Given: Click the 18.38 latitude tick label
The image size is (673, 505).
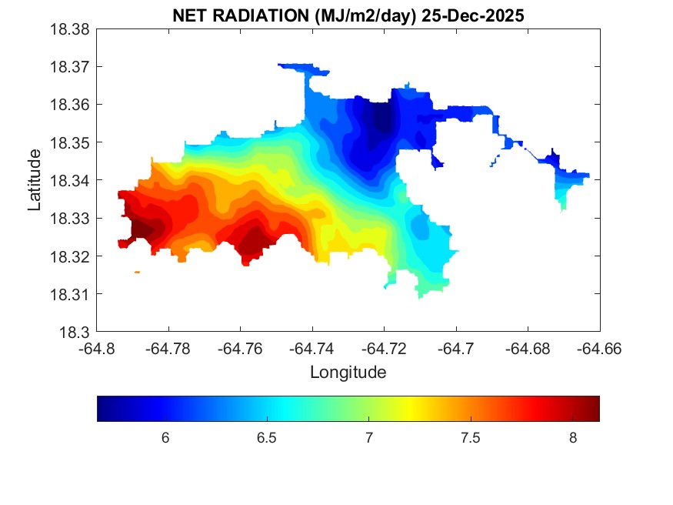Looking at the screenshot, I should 71,29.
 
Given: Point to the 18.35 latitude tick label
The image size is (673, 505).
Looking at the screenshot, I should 71,143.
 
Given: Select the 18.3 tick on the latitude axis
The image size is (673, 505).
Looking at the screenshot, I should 76,333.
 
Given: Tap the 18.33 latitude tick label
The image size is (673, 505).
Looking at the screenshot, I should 71,219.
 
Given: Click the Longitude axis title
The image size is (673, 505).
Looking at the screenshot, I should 348,373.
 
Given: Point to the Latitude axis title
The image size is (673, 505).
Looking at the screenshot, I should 35,181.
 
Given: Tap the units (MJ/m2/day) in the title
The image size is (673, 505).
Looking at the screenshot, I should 361,15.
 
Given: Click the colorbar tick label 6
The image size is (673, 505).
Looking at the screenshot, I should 165,437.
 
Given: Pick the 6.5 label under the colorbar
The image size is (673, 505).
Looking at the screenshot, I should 266,437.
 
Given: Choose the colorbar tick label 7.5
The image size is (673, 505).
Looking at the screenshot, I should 471,437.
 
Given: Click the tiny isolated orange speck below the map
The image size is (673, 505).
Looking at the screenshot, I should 137,272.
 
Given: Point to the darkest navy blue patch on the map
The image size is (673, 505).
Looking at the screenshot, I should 380,119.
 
